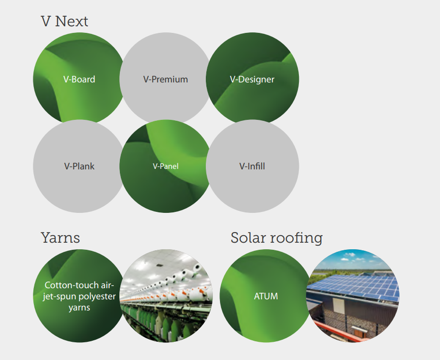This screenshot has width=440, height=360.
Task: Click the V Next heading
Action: coord(64,21)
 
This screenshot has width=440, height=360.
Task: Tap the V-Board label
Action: coord(79,79)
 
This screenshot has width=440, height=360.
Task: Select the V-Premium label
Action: coord(165,79)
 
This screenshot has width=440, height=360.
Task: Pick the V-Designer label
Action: coord(252,79)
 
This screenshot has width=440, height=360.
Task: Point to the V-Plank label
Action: coord(79,166)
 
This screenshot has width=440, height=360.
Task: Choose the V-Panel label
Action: coord(165,166)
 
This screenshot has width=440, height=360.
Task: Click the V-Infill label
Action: coord(252,166)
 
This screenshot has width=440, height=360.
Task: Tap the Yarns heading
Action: coord(60,238)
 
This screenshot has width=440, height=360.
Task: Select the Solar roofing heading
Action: coord(277,238)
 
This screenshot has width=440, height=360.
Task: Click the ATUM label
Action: coord(266,296)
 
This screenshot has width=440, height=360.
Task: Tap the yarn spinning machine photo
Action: coord(166,296)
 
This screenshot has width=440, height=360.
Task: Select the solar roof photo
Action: coord(353,296)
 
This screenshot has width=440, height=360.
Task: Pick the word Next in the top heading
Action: coord(71,21)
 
